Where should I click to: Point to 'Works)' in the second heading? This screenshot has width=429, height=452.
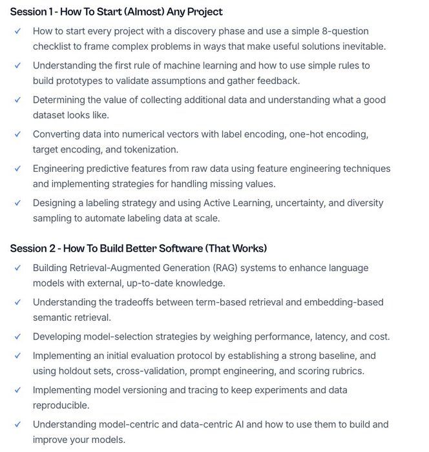coord(249,249)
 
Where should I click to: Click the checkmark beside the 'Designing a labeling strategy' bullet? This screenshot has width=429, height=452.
coord(18,203)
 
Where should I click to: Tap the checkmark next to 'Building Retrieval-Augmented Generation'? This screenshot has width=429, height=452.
coord(18,267)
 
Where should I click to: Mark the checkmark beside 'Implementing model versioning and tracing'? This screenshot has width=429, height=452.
coord(18,390)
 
